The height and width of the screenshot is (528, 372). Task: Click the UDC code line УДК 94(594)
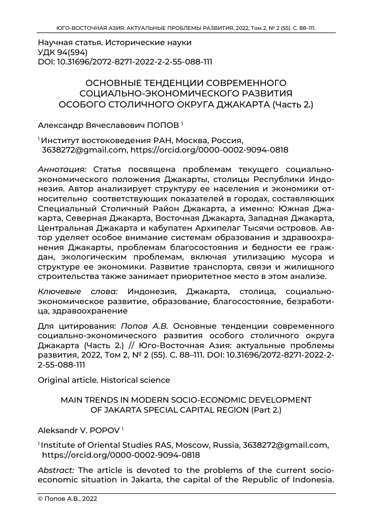62,52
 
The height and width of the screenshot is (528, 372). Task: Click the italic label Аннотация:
63,169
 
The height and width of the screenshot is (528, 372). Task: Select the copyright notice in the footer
67,499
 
